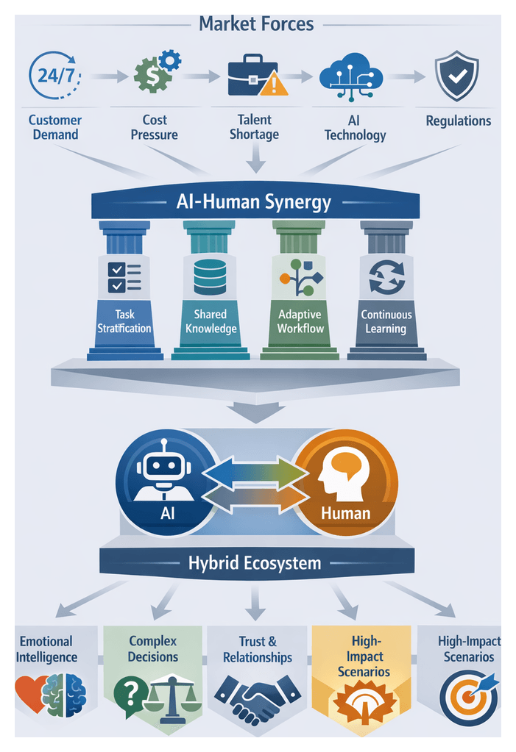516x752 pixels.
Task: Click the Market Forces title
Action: pyautogui.click(x=256, y=24)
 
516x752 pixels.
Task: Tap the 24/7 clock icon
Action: pyautogui.click(x=54, y=76)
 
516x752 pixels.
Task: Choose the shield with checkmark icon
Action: pyautogui.click(x=456, y=76)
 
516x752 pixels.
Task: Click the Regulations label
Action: pyautogui.click(x=458, y=121)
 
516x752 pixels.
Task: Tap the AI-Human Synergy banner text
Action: pyautogui.click(x=255, y=202)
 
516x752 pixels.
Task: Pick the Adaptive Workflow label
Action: pyautogui.click(x=300, y=321)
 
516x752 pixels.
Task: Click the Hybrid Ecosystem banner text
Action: pyautogui.click(x=254, y=564)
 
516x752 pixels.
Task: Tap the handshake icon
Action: pyautogui.click(x=257, y=695)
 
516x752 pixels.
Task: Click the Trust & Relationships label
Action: pyautogui.click(x=257, y=649)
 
